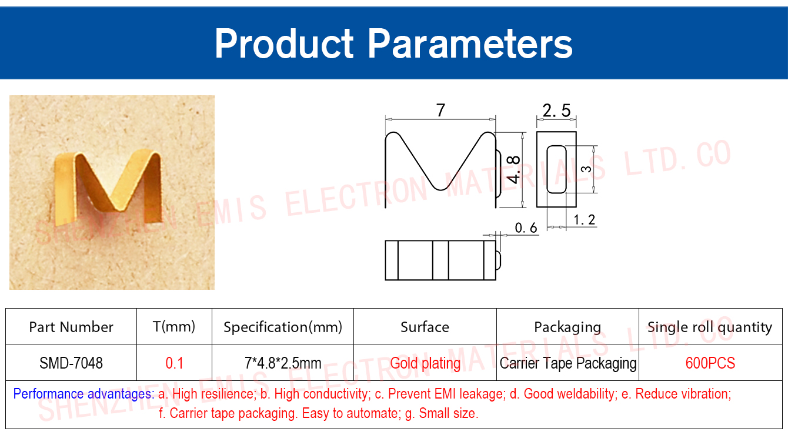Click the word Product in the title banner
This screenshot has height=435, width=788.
(x=284, y=43)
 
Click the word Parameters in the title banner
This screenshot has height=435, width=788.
(x=470, y=43)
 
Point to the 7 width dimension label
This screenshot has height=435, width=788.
(x=440, y=111)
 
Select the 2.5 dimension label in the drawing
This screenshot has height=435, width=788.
(x=556, y=111)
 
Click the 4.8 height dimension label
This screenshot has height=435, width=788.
(x=513, y=170)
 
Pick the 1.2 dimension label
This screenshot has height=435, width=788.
(x=585, y=220)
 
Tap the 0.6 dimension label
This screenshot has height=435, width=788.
(x=526, y=228)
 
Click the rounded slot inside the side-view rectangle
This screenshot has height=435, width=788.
(x=556, y=169)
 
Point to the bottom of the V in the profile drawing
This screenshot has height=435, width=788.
(x=441, y=190)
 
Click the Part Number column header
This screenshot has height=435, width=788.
(x=71, y=327)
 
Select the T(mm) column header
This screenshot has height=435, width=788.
(x=174, y=327)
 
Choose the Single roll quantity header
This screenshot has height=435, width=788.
(x=710, y=327)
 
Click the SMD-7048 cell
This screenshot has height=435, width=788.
(x=71, y=363)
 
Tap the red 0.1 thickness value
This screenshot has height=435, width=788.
(x=175, y=363)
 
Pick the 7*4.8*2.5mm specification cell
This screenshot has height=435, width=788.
(x=283, y=363)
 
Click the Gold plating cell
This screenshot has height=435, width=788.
(x=425, y=363)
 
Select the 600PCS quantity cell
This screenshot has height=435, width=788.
(x=710, y=363)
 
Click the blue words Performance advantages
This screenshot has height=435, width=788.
(x=84, y=394)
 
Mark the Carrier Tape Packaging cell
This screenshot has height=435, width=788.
(x=568, y=363)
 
